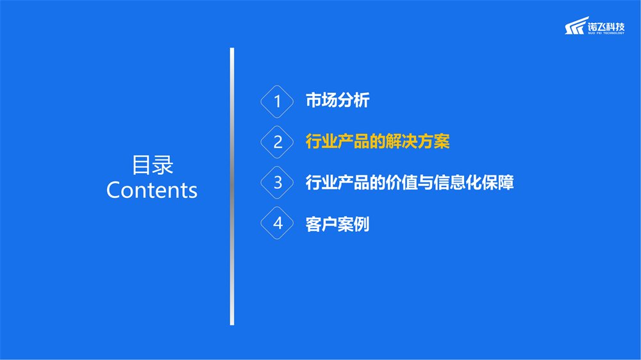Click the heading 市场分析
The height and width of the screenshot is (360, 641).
(338, 101)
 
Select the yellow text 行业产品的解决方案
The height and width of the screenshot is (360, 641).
(378, 142)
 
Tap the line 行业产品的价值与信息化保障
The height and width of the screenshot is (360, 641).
(410, 183)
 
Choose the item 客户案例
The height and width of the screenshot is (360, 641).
(338, 224)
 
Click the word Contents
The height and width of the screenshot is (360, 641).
(152, 190)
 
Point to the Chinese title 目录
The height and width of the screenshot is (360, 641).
(153, 165)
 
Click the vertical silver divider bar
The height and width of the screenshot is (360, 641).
(232, 186)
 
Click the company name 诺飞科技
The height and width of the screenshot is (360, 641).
(606, 26)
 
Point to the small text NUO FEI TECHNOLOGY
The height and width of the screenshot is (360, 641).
(606, 33)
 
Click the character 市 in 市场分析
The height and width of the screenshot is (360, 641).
(313, 101)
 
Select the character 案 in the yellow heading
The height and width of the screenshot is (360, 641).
(442, 142)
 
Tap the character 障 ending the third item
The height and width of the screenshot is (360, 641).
(506, 183)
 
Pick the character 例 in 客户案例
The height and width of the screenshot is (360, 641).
(362, 224)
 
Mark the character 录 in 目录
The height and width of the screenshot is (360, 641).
(163, 165)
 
